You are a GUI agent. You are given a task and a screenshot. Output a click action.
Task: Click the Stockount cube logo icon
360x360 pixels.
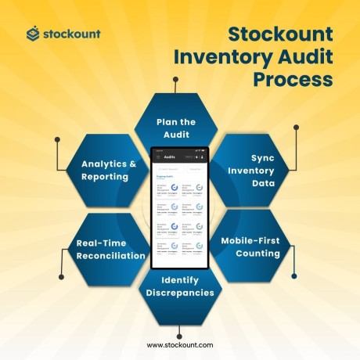point(32,34)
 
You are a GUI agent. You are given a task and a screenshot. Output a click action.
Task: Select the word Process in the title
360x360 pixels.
point(293,80)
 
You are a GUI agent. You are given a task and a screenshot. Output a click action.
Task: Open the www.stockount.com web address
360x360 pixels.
point(180,344)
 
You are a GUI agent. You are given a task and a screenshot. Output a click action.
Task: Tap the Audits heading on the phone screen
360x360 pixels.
point(169,157)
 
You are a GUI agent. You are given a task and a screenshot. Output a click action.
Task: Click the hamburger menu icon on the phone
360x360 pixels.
point(157,157)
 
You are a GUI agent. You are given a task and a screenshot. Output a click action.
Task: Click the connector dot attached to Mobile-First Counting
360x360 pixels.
point(294,275)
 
